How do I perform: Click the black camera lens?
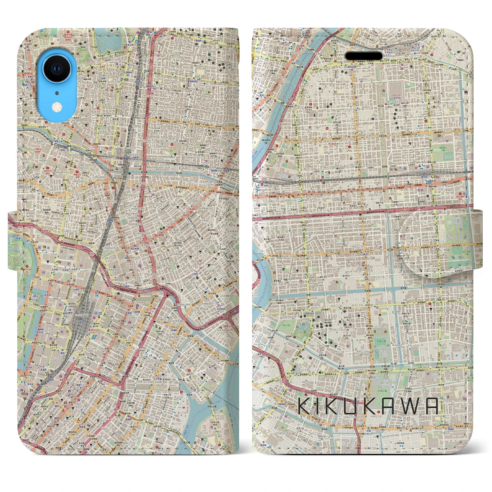tap(57, 69)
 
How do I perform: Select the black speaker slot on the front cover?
tap(364, 56)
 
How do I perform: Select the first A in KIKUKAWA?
tap(388, 406)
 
